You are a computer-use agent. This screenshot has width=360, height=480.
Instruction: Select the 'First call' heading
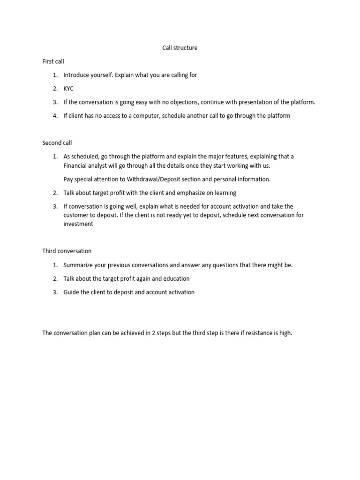pyautogui.click(x=53, y=61)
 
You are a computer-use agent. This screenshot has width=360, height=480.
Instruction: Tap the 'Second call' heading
pyautogui.click(x=57, y=143)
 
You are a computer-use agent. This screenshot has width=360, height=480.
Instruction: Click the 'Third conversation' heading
pyautogui.click(x=67, y=251)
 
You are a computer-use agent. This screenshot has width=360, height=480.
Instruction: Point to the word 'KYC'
pyautogui.click(x=69, y=89)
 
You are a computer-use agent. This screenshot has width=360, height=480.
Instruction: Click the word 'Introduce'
pyautogui.click(x=76, y=75)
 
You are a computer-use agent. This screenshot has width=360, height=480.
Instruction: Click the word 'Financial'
pyautogui.click(x=76, y=165)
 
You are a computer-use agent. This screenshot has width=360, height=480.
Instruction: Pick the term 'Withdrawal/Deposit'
pyautogui.click(x=153, y=179)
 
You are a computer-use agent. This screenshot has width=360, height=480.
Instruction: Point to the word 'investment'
pyautogui.click(x=78, y=224)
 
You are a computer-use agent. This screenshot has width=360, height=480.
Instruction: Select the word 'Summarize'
pyautogui.click(x=79, y=265)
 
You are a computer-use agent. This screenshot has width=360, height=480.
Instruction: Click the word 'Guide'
pyautogui.click(x=71, y=292)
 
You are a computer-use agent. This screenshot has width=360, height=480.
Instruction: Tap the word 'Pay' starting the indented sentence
pyautogui.click(x=68, y=179)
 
